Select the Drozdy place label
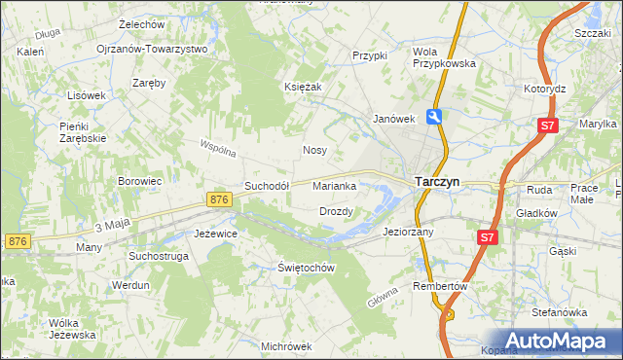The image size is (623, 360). coord(336,211)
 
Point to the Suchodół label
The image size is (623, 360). coord(267,186)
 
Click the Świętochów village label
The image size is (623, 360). coord(307,268)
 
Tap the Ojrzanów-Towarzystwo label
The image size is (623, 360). coord(153,49)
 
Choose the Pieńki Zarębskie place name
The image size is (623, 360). coord(83,132)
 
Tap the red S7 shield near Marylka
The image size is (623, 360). coord(548,126)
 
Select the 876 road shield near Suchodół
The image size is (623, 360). coord(219,199)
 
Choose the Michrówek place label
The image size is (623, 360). coord(286,345)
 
